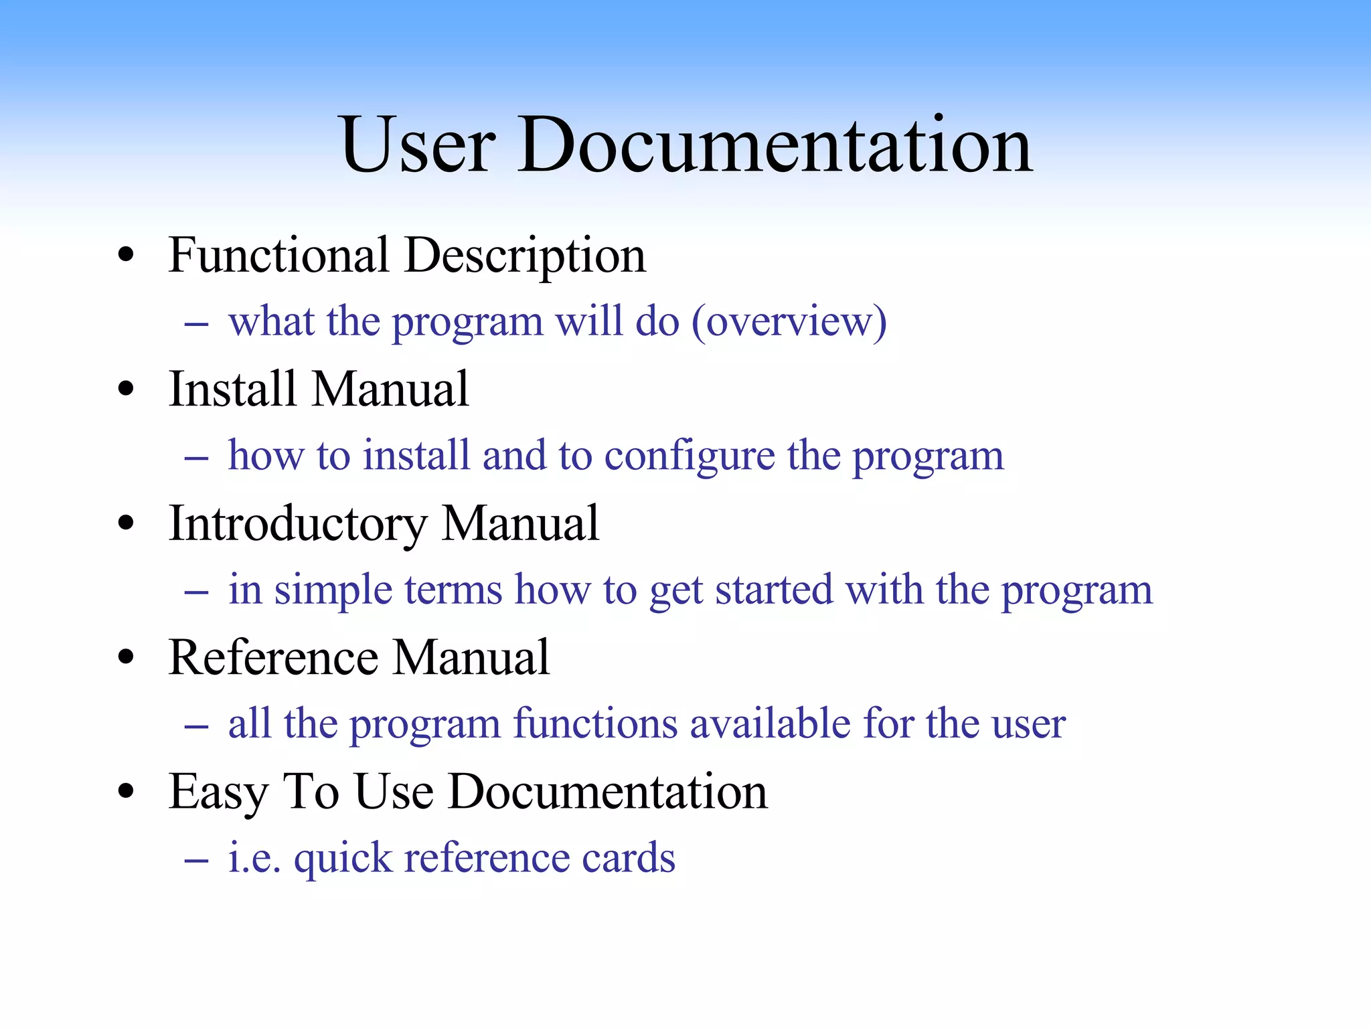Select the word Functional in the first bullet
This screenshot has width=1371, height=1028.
click(x=278, y=256)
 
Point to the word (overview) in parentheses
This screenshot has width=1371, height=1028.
click(x=789, y=323)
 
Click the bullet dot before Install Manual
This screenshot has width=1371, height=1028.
click(x=125, y=389)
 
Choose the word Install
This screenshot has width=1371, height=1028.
click(x=232, y=390)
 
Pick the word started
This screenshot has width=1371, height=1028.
click(x=774, y=590)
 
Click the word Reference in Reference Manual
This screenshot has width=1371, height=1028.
click(x=273, y=658)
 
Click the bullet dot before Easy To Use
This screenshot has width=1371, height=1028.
click(x=125, y=792)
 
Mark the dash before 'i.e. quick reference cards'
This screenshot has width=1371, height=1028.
click(x=196, y=861)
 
